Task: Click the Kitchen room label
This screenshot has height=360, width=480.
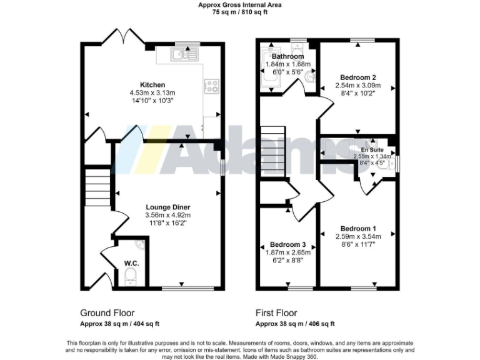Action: point(152,84)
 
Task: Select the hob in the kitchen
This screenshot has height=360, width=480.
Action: point(211,86)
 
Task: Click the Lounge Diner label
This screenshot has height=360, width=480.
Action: point(167,207)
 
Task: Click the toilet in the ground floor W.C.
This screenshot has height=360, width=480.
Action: point(131,275)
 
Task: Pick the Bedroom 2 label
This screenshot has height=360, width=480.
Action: point(355,77)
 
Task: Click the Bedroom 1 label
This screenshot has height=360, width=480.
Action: point(357,228)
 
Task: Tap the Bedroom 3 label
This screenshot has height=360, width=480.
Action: point(288,244)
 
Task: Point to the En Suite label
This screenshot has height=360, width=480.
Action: point(372,150)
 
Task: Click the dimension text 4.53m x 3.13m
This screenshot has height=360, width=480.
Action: point(152,92)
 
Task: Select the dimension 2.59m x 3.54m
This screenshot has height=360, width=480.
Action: point(357,236)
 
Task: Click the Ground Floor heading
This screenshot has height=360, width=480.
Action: point(107,312)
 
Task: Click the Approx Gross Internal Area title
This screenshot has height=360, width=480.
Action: point(240,4)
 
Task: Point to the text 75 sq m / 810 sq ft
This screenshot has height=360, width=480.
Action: point(240,11)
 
